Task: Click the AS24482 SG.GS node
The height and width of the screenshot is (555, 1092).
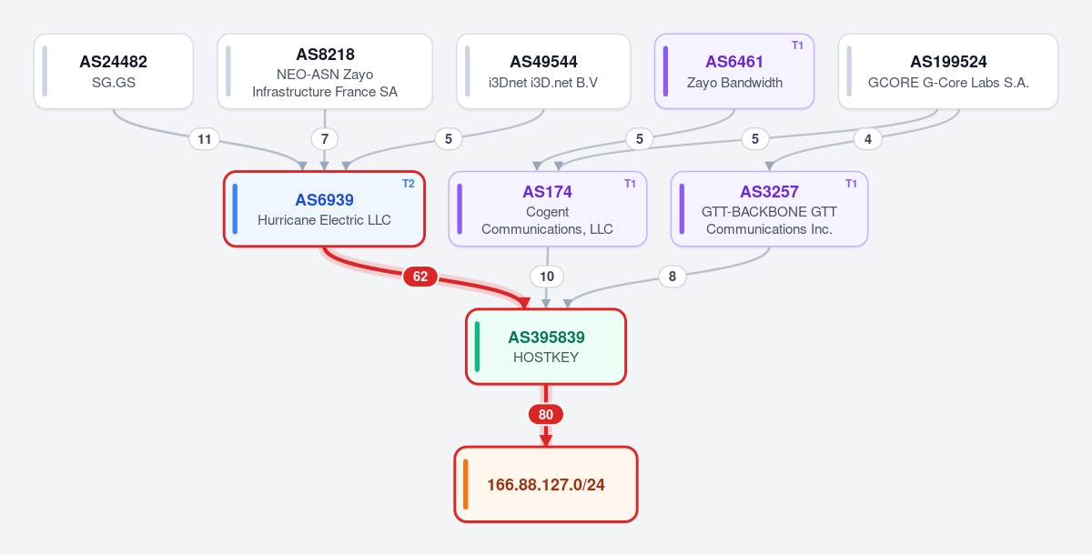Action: click(114, 71)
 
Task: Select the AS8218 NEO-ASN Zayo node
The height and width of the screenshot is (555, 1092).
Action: click(325, 71)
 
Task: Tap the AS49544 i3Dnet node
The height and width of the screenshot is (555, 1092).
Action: click(543, 71)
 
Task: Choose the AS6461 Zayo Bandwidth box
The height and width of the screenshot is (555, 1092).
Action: click(734, 71)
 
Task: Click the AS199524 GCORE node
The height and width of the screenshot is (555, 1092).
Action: click(948, 71)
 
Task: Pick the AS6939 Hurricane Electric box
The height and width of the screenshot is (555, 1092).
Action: click(324, 208)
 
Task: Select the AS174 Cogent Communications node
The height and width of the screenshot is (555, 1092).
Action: click(548, 208)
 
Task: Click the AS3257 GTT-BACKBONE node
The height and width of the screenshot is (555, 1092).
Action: click(769, 208)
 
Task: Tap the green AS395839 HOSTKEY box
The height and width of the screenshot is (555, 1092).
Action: click(546, 347)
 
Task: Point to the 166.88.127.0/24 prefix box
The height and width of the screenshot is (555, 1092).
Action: click(546, 484)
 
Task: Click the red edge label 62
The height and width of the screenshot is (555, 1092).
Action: click(420, 277)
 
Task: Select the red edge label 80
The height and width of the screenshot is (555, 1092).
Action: click(546, 415)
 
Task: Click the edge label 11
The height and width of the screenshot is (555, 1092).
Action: click(204, 139)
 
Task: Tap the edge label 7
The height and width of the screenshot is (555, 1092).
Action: click(325, 139)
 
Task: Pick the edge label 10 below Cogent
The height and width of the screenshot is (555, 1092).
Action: click(547, 277)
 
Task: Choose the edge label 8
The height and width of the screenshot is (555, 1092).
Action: click(672, 277)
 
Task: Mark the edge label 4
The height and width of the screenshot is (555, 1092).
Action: click(868, 139)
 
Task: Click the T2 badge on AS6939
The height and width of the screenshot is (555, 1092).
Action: click(408, 184)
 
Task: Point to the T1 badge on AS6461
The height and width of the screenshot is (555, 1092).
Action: click(797, 45)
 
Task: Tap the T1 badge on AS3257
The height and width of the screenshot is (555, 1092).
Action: click(851, 184)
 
